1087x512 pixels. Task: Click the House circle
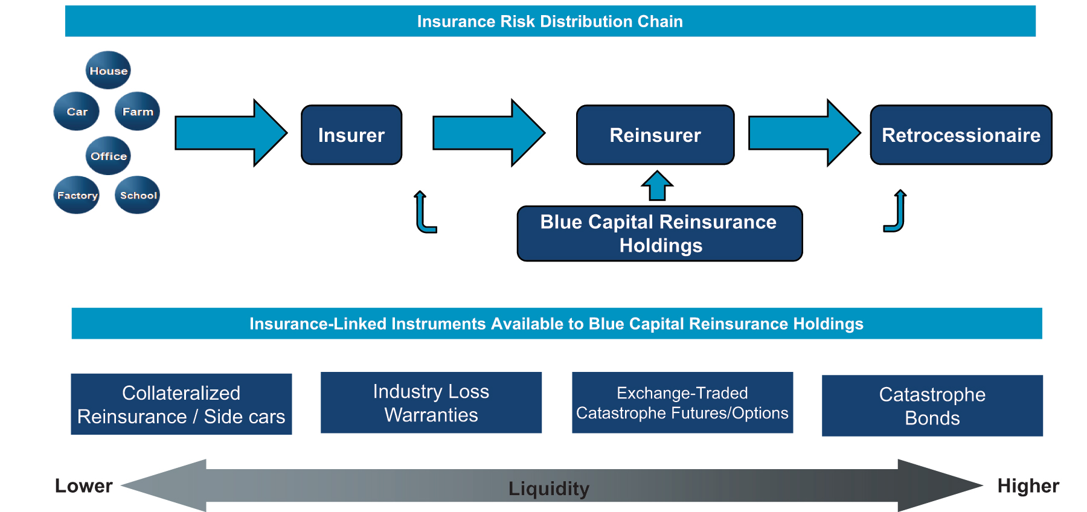108,70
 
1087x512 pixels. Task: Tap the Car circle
77,111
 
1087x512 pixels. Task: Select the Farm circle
138,111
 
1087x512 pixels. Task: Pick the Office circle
108,156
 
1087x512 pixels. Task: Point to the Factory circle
77,195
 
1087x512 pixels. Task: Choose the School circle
138,195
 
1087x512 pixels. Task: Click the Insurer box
351,135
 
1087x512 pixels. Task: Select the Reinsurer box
655,135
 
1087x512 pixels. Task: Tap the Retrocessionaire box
961,135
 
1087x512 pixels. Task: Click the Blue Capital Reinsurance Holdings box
659,234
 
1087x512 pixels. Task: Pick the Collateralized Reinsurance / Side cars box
181,404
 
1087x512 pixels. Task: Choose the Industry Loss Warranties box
431,403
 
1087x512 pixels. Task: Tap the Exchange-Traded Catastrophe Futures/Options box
682,403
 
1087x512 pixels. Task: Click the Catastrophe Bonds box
932,406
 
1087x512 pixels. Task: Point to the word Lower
83,486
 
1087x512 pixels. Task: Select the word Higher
1028,486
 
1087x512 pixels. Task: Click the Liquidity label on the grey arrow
548,488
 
